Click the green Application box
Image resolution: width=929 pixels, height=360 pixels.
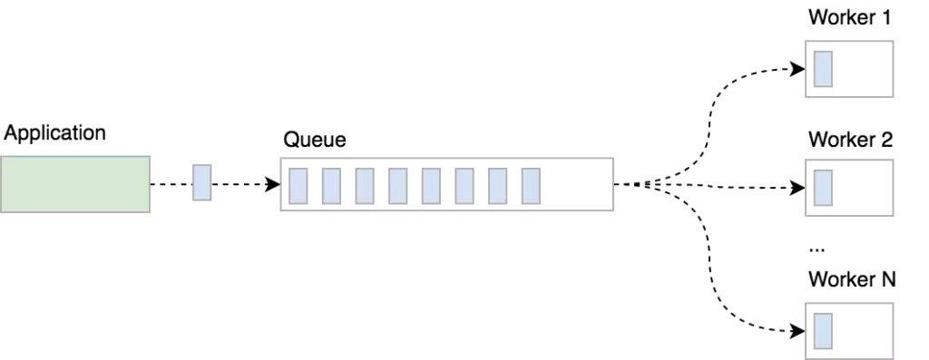[75, 184]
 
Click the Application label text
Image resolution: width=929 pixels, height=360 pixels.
[55, 132]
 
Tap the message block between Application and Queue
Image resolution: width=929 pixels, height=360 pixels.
[201, 183]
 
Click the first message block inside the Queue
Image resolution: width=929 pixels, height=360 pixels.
[298, 185]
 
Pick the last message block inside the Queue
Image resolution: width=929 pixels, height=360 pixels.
[531, 185]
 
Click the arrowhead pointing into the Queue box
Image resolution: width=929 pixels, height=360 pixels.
[273, 185]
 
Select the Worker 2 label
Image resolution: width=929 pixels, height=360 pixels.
[850, 140]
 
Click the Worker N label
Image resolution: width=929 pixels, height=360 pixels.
[851, 279]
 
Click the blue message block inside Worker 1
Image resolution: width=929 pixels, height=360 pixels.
[823, 69]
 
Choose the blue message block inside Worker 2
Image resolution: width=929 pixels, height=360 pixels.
[823, 188]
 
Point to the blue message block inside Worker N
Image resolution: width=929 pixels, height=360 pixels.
[823, 329]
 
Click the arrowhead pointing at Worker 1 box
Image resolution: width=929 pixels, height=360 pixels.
[798, 68]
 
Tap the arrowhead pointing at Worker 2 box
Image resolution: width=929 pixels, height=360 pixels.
[798, 188]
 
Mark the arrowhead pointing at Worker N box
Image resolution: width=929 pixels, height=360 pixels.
[798, 328]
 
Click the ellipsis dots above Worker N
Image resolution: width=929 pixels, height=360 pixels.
[815, 248]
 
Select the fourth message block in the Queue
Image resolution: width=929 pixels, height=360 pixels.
[397, 185]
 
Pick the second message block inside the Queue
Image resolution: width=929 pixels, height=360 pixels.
[331, 185]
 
